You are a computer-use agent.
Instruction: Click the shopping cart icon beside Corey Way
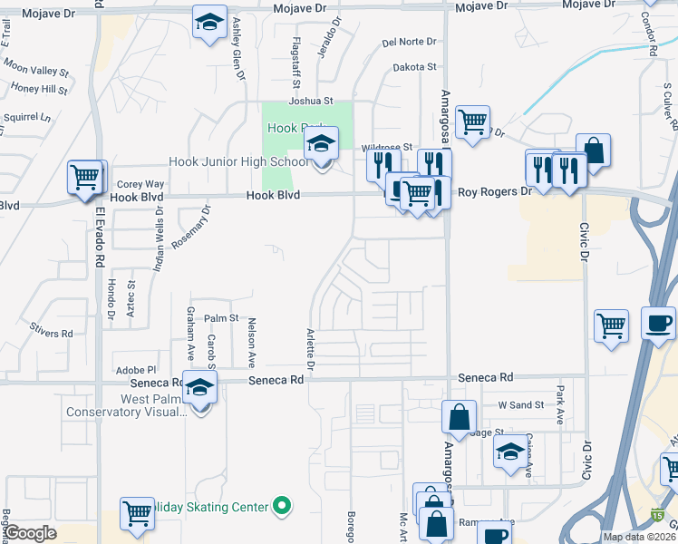(86, 177)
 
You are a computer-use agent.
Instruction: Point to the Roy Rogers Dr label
(494, 192)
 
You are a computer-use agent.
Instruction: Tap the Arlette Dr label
(310, 350)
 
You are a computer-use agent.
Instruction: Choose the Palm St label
(220, 318)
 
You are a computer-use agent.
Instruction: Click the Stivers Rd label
(50, 334)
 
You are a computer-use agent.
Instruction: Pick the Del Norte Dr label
(409, 42)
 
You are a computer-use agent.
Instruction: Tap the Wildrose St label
(387, 146)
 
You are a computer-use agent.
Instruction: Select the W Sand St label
(520, 404)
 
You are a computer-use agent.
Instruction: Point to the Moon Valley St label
(36, 69)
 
